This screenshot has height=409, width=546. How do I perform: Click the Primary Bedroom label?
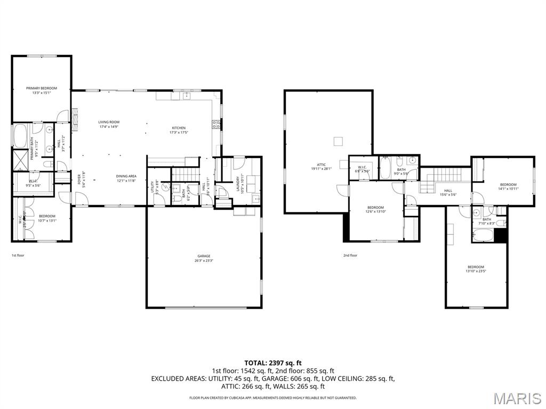pyautogui.click(x=42, y=88)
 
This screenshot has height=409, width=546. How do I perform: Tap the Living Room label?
pyautogui.click(x=109, y=122)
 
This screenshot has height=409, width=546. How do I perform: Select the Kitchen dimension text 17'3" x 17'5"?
pyautogui.click(x=179, y=132)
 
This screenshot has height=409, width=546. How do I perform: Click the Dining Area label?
pyautogui.click(x=126, y=176)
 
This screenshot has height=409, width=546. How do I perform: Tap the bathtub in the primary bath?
pyautogui.click(x=21, y=135)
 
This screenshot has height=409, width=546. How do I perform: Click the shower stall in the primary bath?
pyautogui.click(x=21, y=159)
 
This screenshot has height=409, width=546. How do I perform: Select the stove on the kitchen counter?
pyautogui.click(x=216, y=125)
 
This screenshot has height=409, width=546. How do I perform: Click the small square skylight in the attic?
pyautogui.click(x=339, y=141)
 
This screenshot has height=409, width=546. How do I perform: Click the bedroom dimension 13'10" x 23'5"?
pyautogui.click(x=476, y=271)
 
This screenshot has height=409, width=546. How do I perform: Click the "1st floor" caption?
pyautogui.click(x=18, y=255)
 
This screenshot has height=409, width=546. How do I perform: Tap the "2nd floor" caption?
pyautogui.click(x=350, y=255)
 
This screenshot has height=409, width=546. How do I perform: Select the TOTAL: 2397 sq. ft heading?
pyautogui.click(x=272, y=363)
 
